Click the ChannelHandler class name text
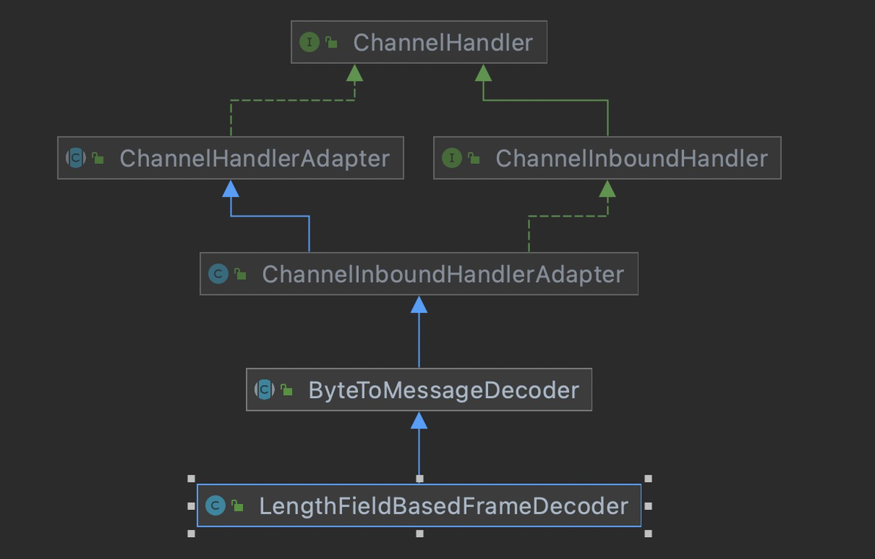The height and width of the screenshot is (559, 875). (x=443, y=42)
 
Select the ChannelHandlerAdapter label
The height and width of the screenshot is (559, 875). (x=254, y=158)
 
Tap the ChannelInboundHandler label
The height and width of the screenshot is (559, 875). (x=631, y=158)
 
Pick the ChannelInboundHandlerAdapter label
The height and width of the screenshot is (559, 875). (x=443, y=274)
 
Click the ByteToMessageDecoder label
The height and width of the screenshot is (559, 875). (x=443, y=389)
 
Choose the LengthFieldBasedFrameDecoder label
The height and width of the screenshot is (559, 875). (x=443, y=505)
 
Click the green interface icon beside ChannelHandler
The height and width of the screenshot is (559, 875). (x=309, y=42)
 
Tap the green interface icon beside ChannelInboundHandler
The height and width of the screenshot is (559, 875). (x=451, y=158)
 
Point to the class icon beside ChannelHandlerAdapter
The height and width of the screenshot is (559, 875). (x=76, y=158)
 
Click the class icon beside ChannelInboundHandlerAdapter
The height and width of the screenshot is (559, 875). (x=218, y=274)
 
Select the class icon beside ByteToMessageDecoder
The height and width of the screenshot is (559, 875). (x=264, y=389)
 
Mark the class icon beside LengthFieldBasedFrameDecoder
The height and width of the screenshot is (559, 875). (x=215, y=505)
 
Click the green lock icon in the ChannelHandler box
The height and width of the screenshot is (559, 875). (x=332, y=43)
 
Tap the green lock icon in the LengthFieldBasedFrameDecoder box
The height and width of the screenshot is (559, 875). (x=238, y=505)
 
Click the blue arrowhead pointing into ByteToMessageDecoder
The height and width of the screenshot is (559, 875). (x=419, y=420)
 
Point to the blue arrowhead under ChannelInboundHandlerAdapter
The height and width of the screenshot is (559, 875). (x=419, y=305)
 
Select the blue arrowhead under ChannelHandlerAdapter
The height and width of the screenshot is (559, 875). (x=231, y=189)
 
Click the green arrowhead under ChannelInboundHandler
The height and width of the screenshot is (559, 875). (x=607, y=189)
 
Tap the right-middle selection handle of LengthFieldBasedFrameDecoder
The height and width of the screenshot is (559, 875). (x=647, y=506)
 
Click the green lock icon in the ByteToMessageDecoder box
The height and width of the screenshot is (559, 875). (x=287, y=390)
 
